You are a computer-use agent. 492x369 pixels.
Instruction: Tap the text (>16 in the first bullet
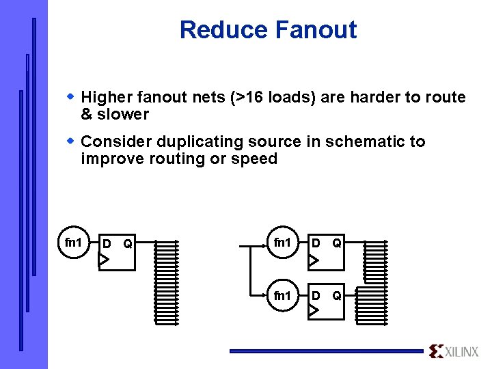pos(247,97)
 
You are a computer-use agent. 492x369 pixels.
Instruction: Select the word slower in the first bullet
pos(123,114)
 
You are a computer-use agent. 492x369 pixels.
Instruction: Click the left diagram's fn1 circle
pos(73,243)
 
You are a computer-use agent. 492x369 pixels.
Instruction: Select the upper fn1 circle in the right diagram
pos(282,243)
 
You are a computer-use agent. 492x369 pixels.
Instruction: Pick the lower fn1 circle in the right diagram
pos(282,296)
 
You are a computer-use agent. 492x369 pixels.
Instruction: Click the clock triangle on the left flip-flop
pos(103,260)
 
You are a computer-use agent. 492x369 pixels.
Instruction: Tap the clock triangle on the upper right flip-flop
pos(312,260)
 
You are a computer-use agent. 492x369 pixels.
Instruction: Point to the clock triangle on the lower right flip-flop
pos(312,311)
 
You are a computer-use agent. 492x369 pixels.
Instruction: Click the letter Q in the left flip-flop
pos(128,244)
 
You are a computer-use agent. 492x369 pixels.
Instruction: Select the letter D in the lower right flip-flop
pos(315,296)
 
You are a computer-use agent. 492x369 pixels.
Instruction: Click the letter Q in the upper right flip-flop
pos(337,243)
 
